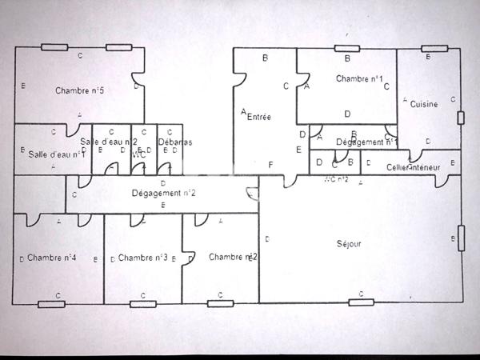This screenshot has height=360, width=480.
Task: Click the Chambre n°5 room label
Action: tap(80, 90)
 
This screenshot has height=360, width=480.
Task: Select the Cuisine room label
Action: tap(424, 104)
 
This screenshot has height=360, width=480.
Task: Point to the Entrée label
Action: tap(258, 117)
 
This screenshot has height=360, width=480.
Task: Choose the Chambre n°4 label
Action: tap(51, 258)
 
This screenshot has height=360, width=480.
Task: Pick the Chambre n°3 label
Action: tap(142, 258)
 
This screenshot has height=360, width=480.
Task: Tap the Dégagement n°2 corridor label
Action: tap(164, 193)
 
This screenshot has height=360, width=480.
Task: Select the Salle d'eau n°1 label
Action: tap(57, 154)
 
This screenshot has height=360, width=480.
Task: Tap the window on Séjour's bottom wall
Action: tap(362, 302)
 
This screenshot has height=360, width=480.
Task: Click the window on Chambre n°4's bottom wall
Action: tap(50, 303)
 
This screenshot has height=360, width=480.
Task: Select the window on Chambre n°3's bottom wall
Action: tap(142, 303)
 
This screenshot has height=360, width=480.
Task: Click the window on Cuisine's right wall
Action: tap(461, 118)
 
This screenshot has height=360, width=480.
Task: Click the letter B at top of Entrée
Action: tap(265, 58)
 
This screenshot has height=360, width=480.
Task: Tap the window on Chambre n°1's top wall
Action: tap(348, 49)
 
